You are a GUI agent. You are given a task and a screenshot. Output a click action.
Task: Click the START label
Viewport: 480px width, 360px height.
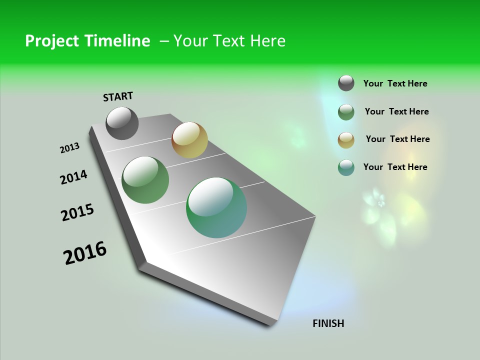pyautogui.click(x=118, y=96)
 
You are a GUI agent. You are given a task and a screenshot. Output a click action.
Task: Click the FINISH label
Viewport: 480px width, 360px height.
pyautogui.click(x=328, y=323)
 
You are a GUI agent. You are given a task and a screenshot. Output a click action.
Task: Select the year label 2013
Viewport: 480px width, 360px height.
pyautogui.click(x=69, y=148)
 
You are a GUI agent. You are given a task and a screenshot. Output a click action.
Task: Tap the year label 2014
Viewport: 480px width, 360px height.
pyautogui.click(x=73, y=177)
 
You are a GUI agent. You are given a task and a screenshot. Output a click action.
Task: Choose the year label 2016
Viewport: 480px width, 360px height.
pyautogui.click(x=85, y=253)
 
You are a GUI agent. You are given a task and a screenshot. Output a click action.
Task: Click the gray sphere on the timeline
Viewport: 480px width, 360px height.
pyautogui.click(x=122, y=123)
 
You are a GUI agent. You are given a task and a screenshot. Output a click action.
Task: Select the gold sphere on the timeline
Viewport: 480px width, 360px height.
pyautogui.click(x=189, y=140)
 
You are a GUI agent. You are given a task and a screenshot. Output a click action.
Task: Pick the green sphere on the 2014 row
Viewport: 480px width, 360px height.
pyautogui.click(x=145, y=180)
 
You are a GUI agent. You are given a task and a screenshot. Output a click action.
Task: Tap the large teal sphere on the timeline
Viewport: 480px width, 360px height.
pyautogui.click(x=216, y=207)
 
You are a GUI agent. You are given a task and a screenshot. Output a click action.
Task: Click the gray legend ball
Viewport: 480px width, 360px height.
pyautogui.click(x=346, y=83)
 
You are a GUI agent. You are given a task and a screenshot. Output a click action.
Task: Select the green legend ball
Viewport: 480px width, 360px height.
pyautogui.click(x=346, y=112)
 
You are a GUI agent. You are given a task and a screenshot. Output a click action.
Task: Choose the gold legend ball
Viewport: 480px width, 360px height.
pyautogui.click(x=346, y=140)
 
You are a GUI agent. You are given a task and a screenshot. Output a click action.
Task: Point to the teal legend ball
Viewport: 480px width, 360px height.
pyautogui.click(x=346, y=167)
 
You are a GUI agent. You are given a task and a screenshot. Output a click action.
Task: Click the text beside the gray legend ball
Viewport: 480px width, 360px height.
pyautogui.click(x=395, y=83)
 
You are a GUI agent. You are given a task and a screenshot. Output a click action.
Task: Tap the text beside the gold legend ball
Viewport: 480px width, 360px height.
pyautogui.click(x=397, y=139)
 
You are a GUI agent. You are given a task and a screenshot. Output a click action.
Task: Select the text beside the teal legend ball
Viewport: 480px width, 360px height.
pyautogui.click(x=395, y=167)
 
